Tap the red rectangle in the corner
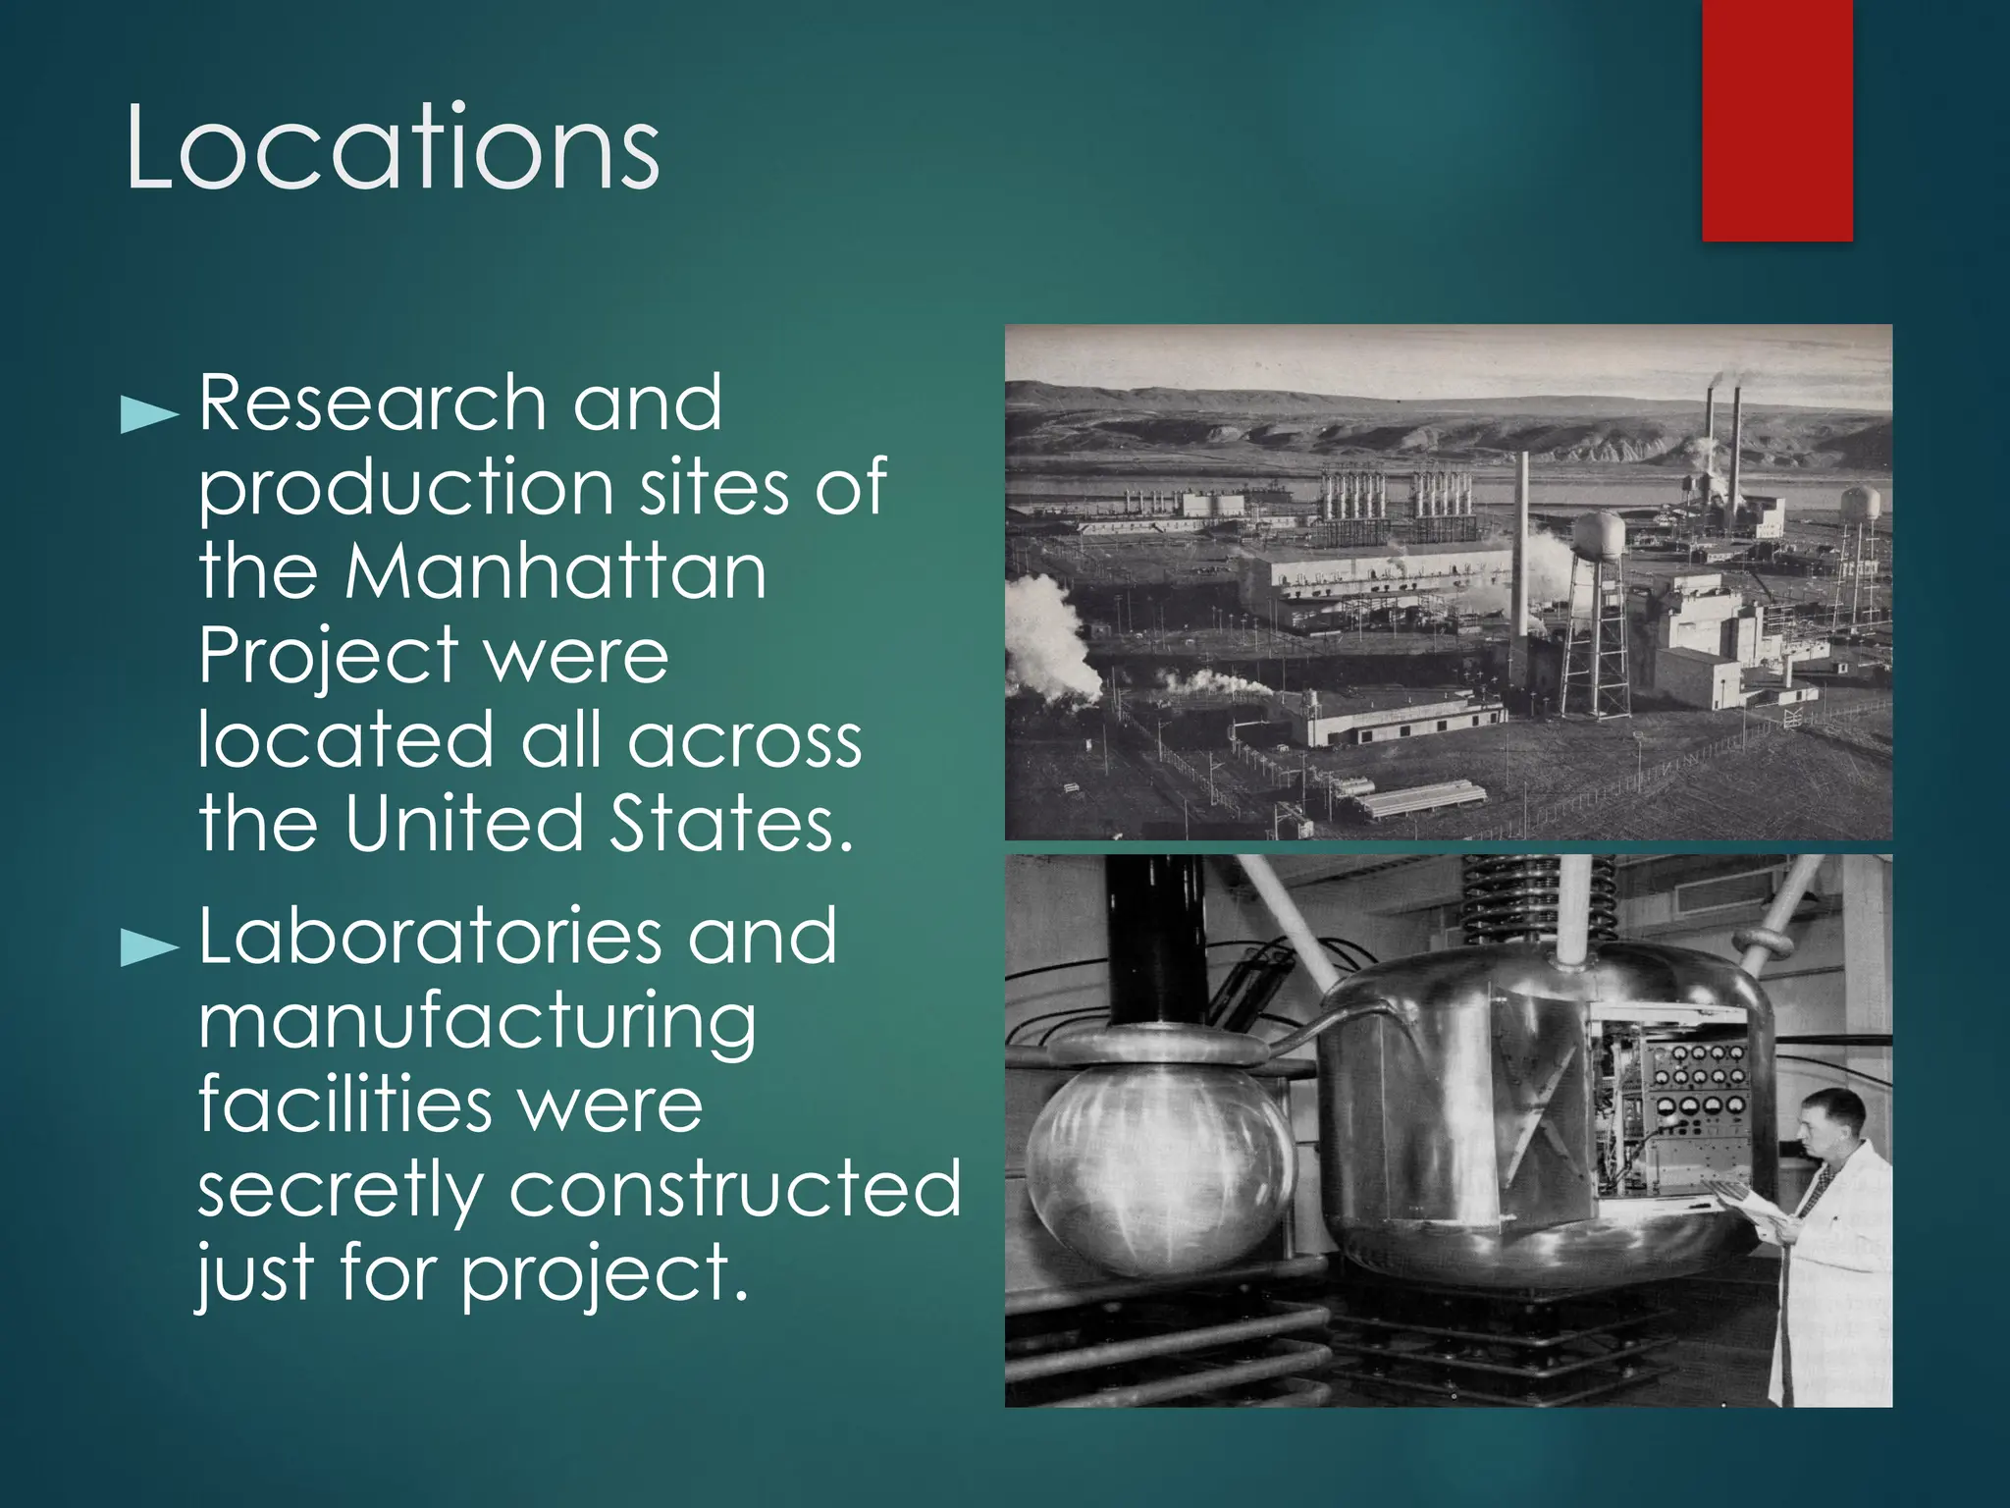point(1776,120)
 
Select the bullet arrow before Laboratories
point(148,947)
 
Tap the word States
point(731,823)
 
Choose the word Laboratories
point(430,938)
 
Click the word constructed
point(735,1189)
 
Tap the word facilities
point(344,1104)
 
